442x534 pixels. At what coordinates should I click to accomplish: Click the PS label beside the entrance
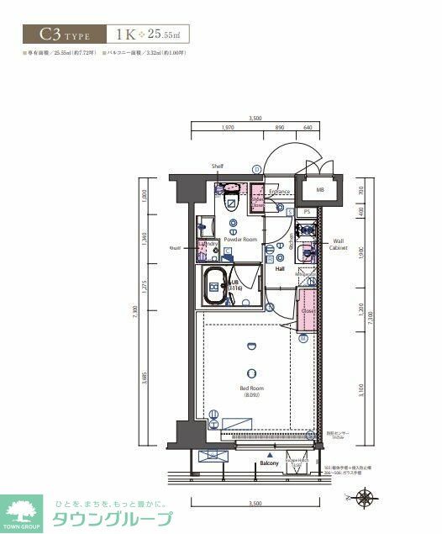point(308,212)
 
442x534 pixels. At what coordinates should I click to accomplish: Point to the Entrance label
point(279,192)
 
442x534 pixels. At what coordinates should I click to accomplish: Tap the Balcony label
point(269,463)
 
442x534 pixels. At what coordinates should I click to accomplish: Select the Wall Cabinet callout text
point(338,244)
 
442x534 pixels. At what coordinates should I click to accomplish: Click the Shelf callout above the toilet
point(218,167)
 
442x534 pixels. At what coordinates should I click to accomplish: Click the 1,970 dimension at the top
point(227,129)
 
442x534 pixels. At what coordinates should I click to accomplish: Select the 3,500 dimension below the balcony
point(255,503)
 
